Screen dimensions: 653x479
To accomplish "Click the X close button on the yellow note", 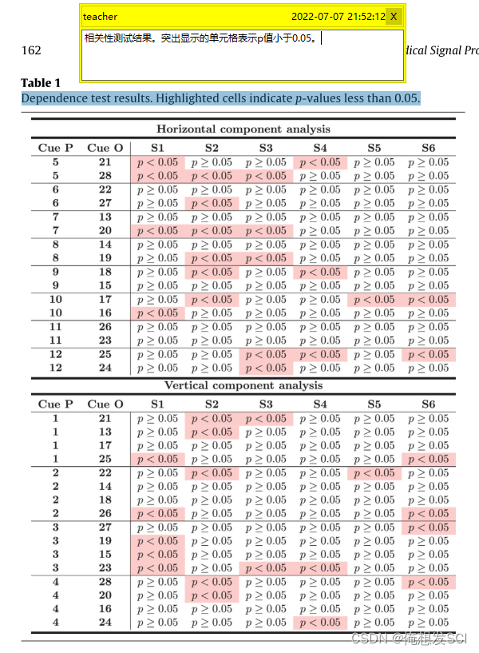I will click(394, 17).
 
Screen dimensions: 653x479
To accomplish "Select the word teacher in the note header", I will click(100, 17).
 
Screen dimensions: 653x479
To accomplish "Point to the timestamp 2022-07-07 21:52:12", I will click(338, 17).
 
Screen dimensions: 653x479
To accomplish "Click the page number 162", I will click(31, 50).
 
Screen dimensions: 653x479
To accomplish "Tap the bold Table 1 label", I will click(41, 83).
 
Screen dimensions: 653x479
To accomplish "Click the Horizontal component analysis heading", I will click(243, 129).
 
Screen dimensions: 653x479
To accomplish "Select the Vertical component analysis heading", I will click(243, 385).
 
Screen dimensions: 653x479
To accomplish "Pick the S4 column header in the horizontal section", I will click(319, 148).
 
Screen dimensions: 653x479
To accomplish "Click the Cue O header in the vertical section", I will click(105, 404).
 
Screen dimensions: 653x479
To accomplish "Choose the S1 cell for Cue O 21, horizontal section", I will click(157, 162).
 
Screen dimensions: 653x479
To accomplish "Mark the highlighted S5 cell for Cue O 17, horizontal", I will click(374, 300).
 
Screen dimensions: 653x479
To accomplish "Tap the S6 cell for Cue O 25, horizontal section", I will click(428, 354).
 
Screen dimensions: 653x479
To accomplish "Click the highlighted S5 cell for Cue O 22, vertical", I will click(374, 473).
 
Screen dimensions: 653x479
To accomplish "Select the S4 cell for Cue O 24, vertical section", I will click(319, 623).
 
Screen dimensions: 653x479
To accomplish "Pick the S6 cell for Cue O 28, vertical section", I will click(428, 582).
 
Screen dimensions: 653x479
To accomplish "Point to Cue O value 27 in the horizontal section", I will click(105, 204).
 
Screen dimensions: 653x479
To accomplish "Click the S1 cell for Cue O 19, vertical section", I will click(157, 541).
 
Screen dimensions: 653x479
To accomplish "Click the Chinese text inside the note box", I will click(200, 38).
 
